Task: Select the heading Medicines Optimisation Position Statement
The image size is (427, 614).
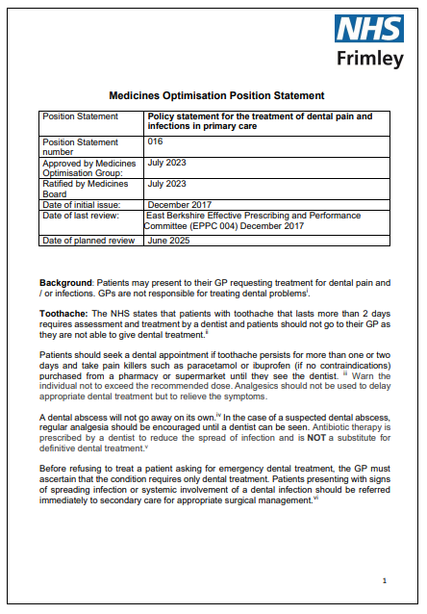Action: point(216,96)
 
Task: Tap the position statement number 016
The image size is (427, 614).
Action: point(155,141)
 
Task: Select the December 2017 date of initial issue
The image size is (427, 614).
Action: point(174,204)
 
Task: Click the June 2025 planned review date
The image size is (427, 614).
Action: point(167,240)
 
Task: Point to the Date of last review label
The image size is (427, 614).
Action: point(82,215)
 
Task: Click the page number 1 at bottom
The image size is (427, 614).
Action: point(385,581)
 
